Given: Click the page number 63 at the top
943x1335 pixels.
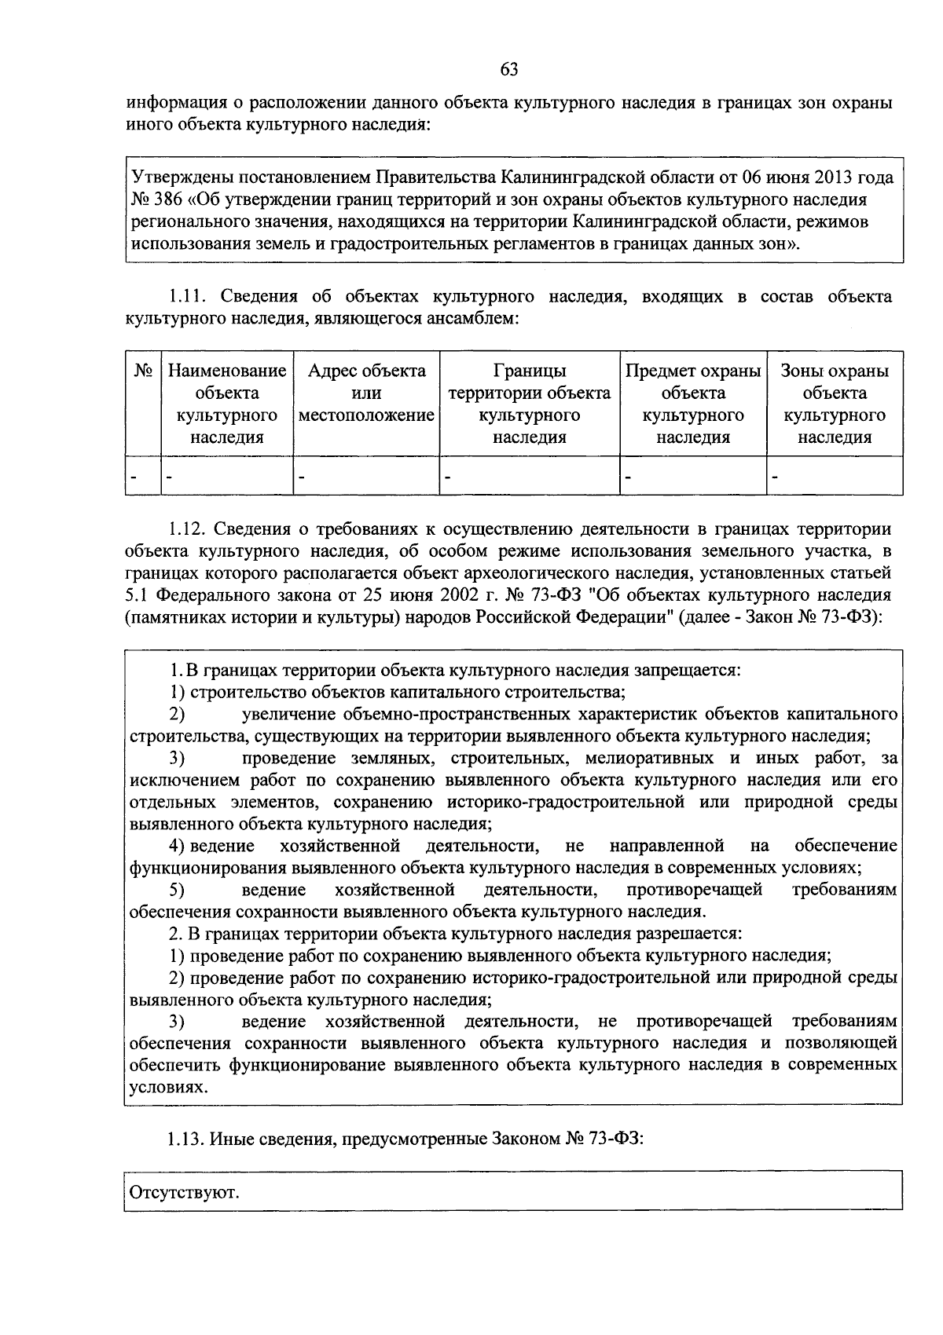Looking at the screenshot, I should tap(508, 70).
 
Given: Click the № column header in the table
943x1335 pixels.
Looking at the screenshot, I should tap(143, 371).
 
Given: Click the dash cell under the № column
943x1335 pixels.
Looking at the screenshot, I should tap(134, 477).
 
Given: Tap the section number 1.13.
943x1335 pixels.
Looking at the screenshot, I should tap(186, 1139).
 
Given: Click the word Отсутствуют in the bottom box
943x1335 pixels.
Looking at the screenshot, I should tap(184, 1194).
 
